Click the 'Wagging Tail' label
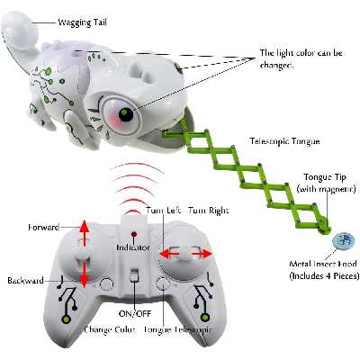tap(82, 22)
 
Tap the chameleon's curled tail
tap(20, 30)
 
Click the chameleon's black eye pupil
tap(126, 114)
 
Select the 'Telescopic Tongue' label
tap(284, 141)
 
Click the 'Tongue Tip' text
tap(325, 177)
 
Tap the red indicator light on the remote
tap(134, 234)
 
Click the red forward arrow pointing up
tap(85, 232)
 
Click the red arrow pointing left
tap(169, 254)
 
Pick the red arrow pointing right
tap(202, 254)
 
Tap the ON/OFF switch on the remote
tap(134, 275)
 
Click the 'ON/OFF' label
tap(135, 314)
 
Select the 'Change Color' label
tap(110, 329)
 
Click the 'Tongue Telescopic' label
tap(178, 329)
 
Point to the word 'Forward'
tap(44, 228)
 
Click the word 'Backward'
tap(25, 281)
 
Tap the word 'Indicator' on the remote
tap(133, 247)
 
